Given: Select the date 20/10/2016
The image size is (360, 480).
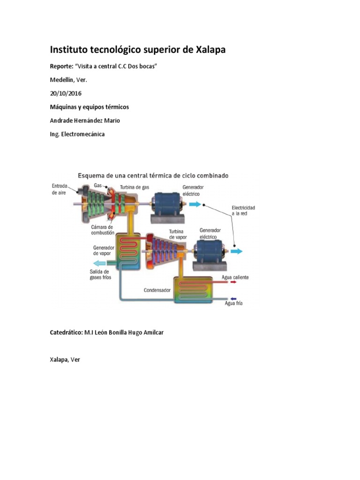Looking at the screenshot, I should tap(66, 93).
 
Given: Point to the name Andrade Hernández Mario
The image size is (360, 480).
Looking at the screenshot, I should tap(85, 120).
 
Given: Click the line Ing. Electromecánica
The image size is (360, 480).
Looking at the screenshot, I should tap(77, 134).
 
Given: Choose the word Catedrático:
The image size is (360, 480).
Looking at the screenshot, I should tap(66, 332).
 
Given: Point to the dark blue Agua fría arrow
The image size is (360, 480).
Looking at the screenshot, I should tap(232, 299).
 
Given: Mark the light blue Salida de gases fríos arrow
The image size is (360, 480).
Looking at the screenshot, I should tap(99, 263).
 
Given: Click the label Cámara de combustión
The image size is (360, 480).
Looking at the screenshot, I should tap(102, 230).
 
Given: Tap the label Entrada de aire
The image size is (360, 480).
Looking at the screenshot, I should tap(59, 189).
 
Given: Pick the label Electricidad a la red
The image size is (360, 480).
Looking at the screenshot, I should tap(243, 210).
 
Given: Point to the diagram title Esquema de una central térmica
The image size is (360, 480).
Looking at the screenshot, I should tap(153, 176).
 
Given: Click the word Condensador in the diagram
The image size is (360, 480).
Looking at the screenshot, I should tap(157, 290).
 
